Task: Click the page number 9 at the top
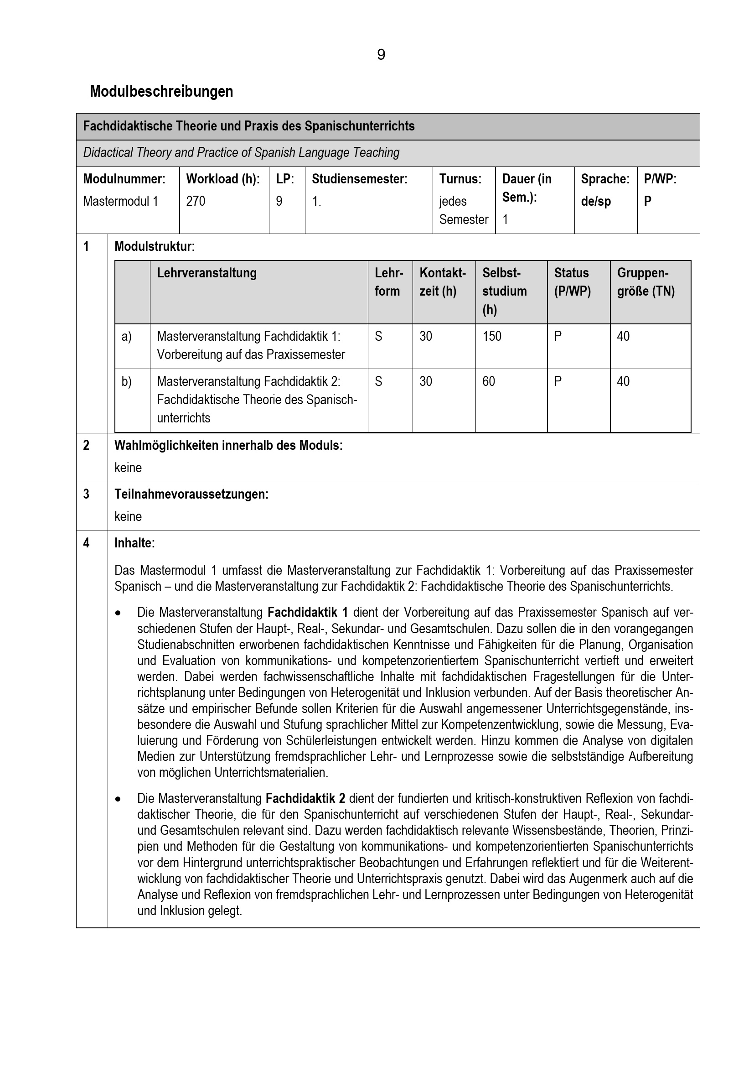tap(381, 55)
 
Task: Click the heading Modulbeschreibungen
tap(161, 92)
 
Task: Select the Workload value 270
tap(196, 201)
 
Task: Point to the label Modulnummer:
tap(124, 179)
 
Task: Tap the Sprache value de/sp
tap(596, 201)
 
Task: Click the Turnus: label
tap(460, 179)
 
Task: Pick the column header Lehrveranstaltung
tap(207, 273)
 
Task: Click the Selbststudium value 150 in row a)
tap(492, 336)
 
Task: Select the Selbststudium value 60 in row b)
tap(488, 381)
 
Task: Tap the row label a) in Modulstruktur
tap(127, 336)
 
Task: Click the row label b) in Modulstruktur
tap(127, 381)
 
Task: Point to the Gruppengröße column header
tap(646, 281)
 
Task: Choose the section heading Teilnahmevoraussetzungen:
tap(191, 494)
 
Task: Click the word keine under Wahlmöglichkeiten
tap(128, 468)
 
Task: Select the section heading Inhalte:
tap(134, 543)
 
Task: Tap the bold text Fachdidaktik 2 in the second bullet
tap(305, 798)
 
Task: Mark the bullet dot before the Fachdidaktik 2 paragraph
tap(119, 799)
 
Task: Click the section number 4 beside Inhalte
tap(86, 543)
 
